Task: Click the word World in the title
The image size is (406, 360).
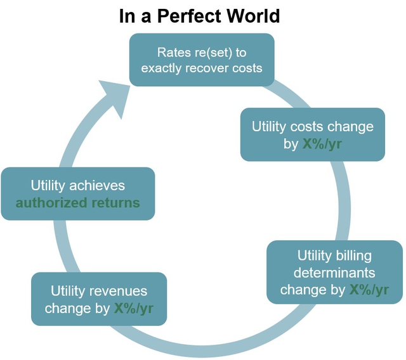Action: (x=254, y=16)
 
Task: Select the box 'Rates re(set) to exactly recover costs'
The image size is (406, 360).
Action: (x=202, y=60)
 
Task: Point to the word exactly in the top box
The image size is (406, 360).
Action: (x=161, y=68)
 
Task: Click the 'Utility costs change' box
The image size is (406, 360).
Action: (x=313, y=134)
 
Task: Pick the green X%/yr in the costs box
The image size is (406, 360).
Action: (x=322, y=143)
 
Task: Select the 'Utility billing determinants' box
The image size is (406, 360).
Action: (x=334, y=272)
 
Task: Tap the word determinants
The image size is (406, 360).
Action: (x=334, y=273)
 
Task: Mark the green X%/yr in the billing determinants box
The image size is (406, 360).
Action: (x=369, y=290)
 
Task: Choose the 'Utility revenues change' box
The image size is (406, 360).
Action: (x=99, y=299)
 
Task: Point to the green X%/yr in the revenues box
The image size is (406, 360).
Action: (x=134, y=308)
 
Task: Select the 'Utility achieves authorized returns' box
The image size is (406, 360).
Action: (x=78, y=194)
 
